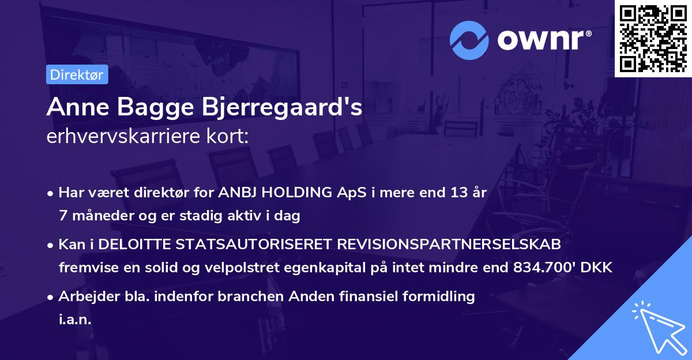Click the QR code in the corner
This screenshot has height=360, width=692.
653,38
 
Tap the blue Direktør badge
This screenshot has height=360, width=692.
77,74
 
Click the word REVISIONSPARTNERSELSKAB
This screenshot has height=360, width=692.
448,245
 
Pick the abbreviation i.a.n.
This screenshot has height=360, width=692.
76,320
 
